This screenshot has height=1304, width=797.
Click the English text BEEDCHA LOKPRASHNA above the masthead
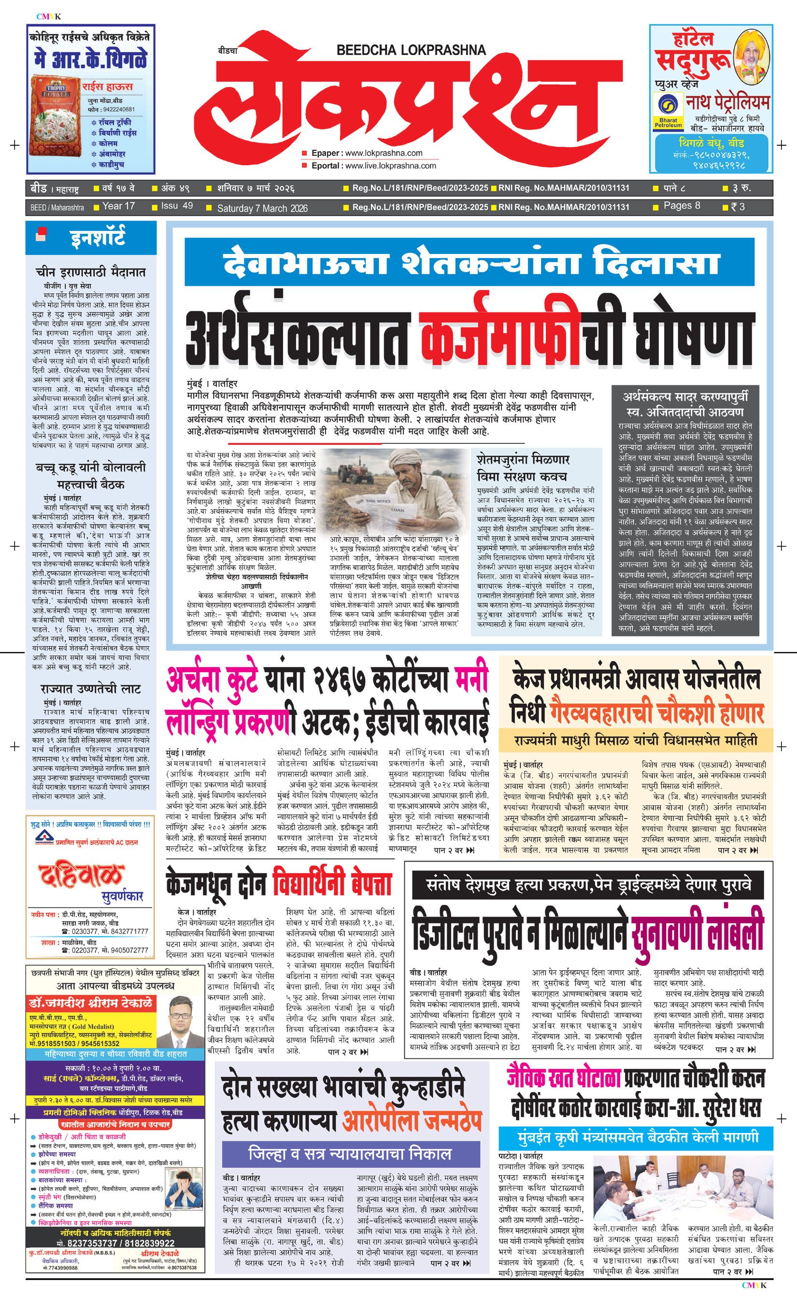click(411, 50)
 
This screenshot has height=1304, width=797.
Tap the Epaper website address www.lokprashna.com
click(384, 153)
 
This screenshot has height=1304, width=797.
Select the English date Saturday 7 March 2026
click(262, 208)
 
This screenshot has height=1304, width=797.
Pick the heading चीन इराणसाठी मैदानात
click(90, 272)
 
